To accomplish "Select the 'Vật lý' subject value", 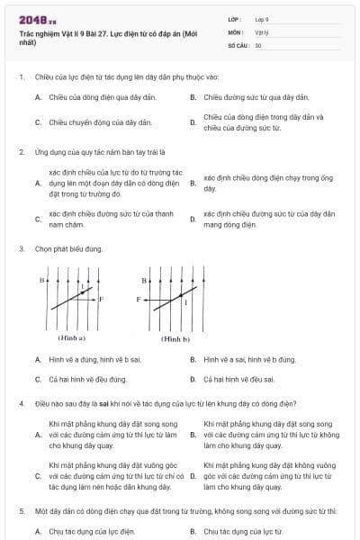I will [261, 31].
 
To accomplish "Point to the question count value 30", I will [258, 44].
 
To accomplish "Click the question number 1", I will [21, 76].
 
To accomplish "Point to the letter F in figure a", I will [101, 298].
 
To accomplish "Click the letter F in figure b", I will [138, 297].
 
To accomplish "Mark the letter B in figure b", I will [143, 281].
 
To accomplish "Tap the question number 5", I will [21, 510].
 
